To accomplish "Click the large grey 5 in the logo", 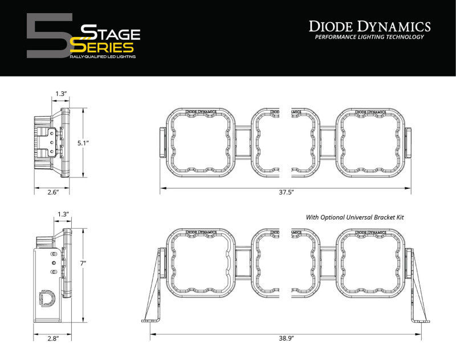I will (x=48, y=36).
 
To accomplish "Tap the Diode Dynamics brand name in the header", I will (x=369, y=26).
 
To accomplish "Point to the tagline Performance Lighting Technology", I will (x=369, y=37).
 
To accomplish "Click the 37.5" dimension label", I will (x=286, y=193).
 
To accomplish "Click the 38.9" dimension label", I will (x=286, y=338).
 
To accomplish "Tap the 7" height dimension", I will (x=83, y=264).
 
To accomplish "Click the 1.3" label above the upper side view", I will (x=60, y=93).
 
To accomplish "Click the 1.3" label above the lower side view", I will (x=63, y=214).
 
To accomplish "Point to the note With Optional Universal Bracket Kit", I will (x=359, y=217).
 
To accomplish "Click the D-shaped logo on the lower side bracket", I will (x=45, y=297).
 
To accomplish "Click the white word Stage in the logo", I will (x=111, y=31).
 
